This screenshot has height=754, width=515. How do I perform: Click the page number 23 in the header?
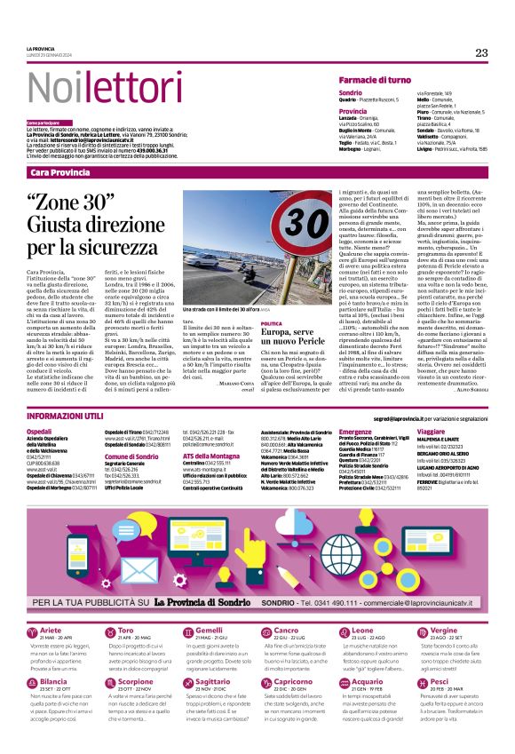(481, 52)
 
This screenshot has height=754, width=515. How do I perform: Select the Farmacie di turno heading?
(381, 80)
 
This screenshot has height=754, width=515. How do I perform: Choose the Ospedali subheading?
(41, 430)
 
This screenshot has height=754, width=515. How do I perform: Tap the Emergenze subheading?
(357, 430)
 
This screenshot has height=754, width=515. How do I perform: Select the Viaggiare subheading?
(433, 430)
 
